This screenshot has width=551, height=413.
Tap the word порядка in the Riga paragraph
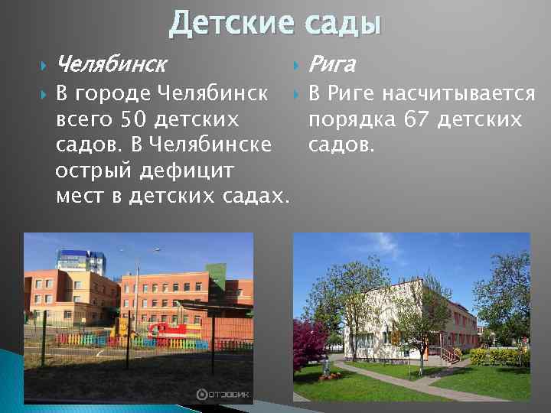point(346,119)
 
